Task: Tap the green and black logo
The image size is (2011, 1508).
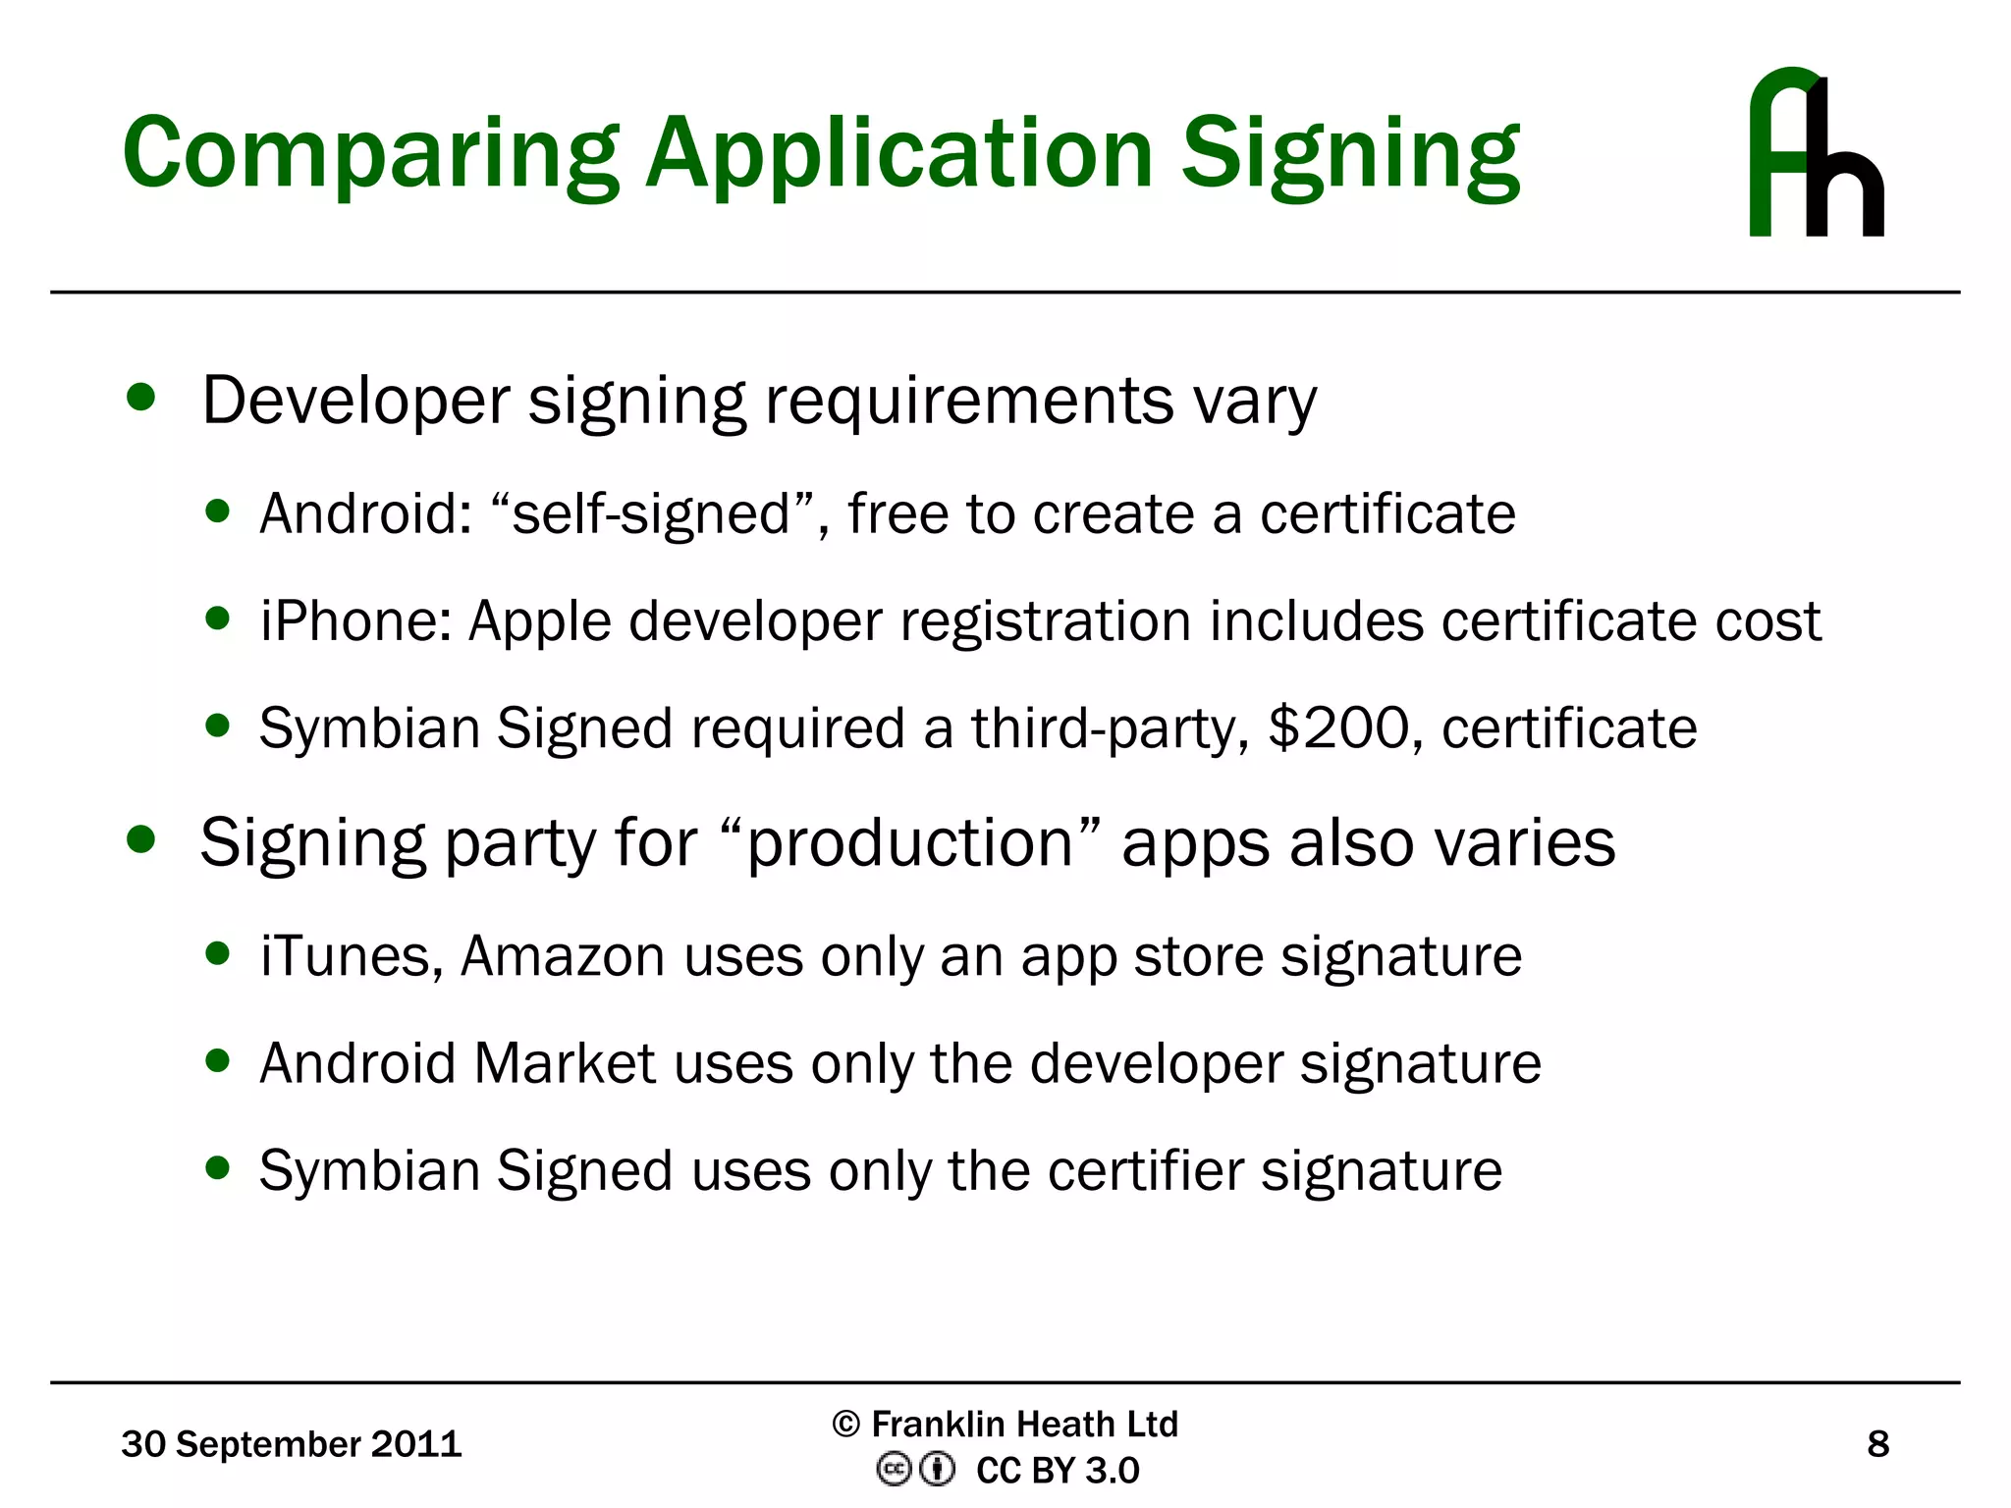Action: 1816,153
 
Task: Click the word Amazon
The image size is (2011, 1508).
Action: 563,956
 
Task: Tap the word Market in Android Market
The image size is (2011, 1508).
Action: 564,1063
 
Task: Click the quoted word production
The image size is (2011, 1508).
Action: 910,843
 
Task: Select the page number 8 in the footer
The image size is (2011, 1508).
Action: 1877,1444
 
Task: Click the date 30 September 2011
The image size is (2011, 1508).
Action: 291,1444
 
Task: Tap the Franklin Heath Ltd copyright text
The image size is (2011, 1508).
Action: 1005,1424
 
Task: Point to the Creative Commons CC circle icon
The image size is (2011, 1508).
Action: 894,1470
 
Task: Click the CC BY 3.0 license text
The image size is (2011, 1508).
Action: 1058,1471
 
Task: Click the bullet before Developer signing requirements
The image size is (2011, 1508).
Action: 141,398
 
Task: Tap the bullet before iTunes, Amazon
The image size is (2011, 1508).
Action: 218,953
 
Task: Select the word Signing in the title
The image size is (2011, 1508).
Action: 1350,155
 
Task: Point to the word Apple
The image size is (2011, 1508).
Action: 539,621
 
